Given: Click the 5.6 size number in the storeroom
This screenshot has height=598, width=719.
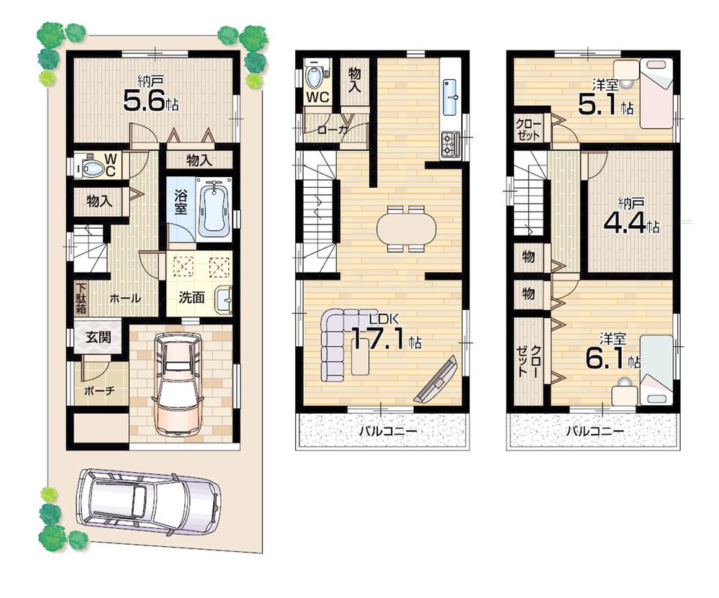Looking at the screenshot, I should [146, 101].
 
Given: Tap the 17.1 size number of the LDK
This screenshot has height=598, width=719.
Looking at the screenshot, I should [380, 339].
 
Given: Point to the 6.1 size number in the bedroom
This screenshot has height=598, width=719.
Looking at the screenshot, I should [606, 359].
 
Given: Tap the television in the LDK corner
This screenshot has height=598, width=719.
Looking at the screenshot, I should [435, 380].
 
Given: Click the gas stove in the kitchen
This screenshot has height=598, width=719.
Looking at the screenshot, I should [451, 145].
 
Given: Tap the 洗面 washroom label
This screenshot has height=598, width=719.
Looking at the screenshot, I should [192, 296].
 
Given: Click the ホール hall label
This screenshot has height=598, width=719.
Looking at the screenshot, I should [125, 297].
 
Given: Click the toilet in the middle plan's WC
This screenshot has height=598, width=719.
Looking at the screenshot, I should [314, 76].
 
